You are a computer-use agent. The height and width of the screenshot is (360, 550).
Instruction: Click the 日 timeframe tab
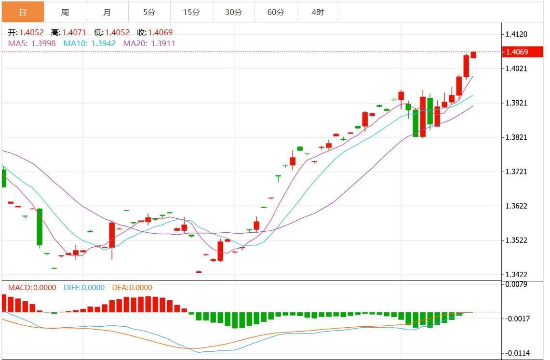point(23,12)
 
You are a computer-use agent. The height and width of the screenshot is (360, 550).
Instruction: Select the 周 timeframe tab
point(65,12)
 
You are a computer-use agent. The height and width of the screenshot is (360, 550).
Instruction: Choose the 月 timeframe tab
point(107,12)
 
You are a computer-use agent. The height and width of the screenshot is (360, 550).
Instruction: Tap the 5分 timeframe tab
point(149,12)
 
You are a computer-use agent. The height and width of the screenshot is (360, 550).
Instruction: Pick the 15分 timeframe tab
point(191,12)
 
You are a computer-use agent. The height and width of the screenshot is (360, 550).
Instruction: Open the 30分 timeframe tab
point(233,12)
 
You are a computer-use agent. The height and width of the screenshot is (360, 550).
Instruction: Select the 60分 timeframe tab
point(276,12)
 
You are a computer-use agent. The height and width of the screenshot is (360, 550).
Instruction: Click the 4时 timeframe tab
point(318,12)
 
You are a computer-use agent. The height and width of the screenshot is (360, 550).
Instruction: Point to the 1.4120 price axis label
point(516,34)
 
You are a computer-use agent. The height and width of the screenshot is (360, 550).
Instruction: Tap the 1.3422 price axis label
point(516,275)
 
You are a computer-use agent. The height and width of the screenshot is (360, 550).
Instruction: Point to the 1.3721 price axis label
point(516,172)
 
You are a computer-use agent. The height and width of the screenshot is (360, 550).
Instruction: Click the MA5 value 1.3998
point(43,43)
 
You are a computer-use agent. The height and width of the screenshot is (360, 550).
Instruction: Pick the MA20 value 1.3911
point(163,43)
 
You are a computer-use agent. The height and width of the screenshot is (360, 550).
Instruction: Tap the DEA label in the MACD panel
point(119,288)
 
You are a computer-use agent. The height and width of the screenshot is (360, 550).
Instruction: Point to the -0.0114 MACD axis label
point(517,353)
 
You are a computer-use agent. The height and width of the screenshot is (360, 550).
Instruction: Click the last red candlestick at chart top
point(473,55)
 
